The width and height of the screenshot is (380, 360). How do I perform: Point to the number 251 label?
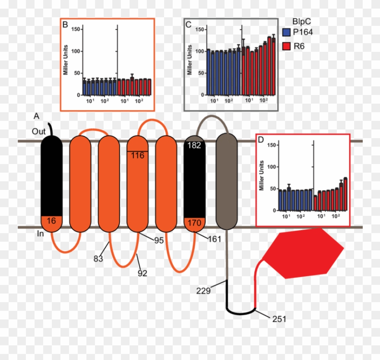click(279, 319)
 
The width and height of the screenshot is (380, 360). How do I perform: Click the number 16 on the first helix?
click(51, 221)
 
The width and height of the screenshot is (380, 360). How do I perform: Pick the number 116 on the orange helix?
click(138, 155)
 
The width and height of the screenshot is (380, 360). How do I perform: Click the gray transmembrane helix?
click(226, 181)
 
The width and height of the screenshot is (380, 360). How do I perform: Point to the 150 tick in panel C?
click(199, 29)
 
